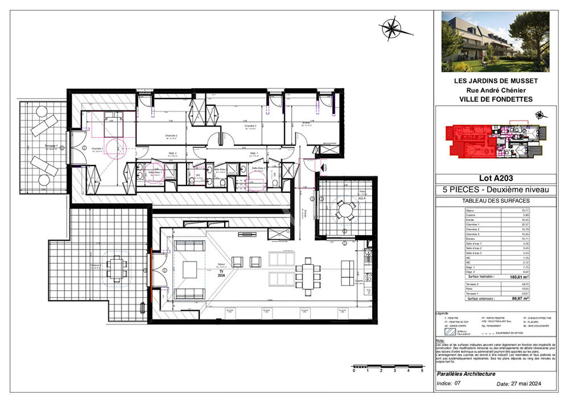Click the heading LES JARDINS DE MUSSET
[x=496, y=81]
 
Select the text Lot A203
[x=496, y=180]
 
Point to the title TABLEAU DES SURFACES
[x=496, y=201]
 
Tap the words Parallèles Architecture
[x=466, y=374]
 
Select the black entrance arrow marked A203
[x=325, y=167]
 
